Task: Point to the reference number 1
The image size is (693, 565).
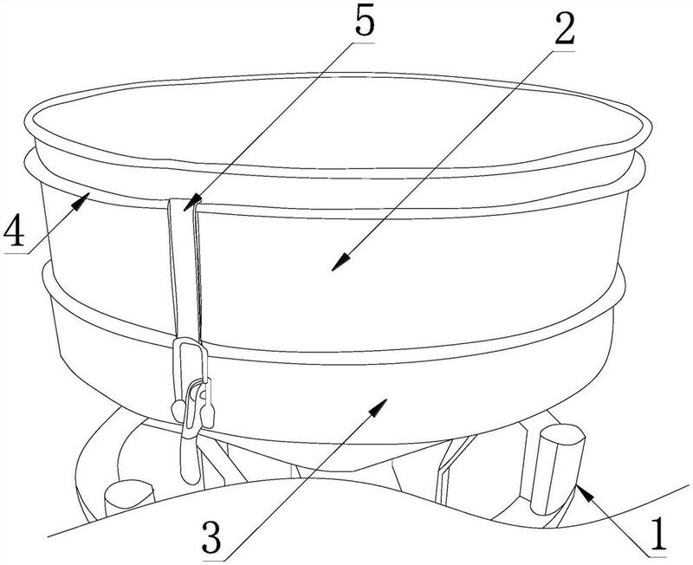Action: tap(659, 535)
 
